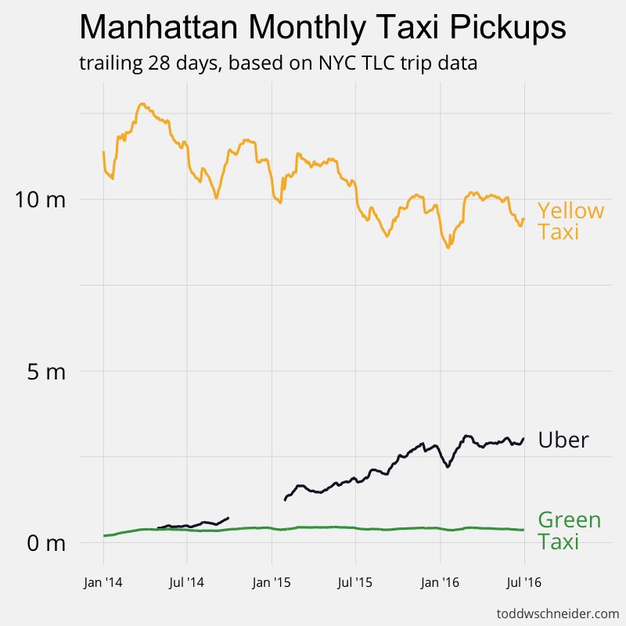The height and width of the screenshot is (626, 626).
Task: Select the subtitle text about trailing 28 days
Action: pyautogui.click(x=279, y=63)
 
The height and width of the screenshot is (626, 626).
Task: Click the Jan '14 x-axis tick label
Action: pyautogui.click(x=103, y=582)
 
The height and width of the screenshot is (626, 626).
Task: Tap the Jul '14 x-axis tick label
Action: pyautogui.click(x=187, y=582)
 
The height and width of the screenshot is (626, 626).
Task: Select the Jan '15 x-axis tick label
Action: pyautogui.click(x=272, y=582)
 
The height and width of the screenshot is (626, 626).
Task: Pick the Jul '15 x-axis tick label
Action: pyautogui.click(x=355, y=582)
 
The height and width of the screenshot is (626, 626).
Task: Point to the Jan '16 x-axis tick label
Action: pyautogui.click(x=440, y=582)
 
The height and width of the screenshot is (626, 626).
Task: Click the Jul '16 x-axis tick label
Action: pyautogui.click(x=523, y=582)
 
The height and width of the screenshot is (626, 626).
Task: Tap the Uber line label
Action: pyautogui.click(x=563, y=441)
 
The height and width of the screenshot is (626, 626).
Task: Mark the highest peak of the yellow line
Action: pyautogui.click(x=142, y=103)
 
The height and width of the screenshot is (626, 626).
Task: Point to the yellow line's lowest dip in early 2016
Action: pyautogui.click(x=448, y=248)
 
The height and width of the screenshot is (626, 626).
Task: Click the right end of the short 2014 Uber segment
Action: pyautogui.click(x=228, y=517)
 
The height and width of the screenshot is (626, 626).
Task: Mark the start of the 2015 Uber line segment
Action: pyautogui.click(x=284, y=499)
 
